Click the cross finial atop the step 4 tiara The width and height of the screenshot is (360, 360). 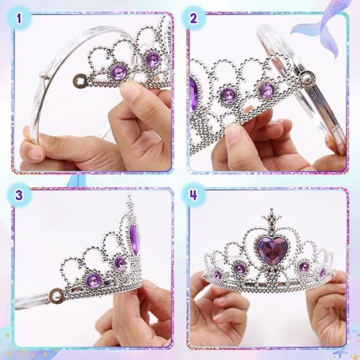(x=272, y=215)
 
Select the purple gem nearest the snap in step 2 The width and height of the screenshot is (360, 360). (x=266, y=90)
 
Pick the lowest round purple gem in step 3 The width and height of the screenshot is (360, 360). (x=93, y=280)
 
